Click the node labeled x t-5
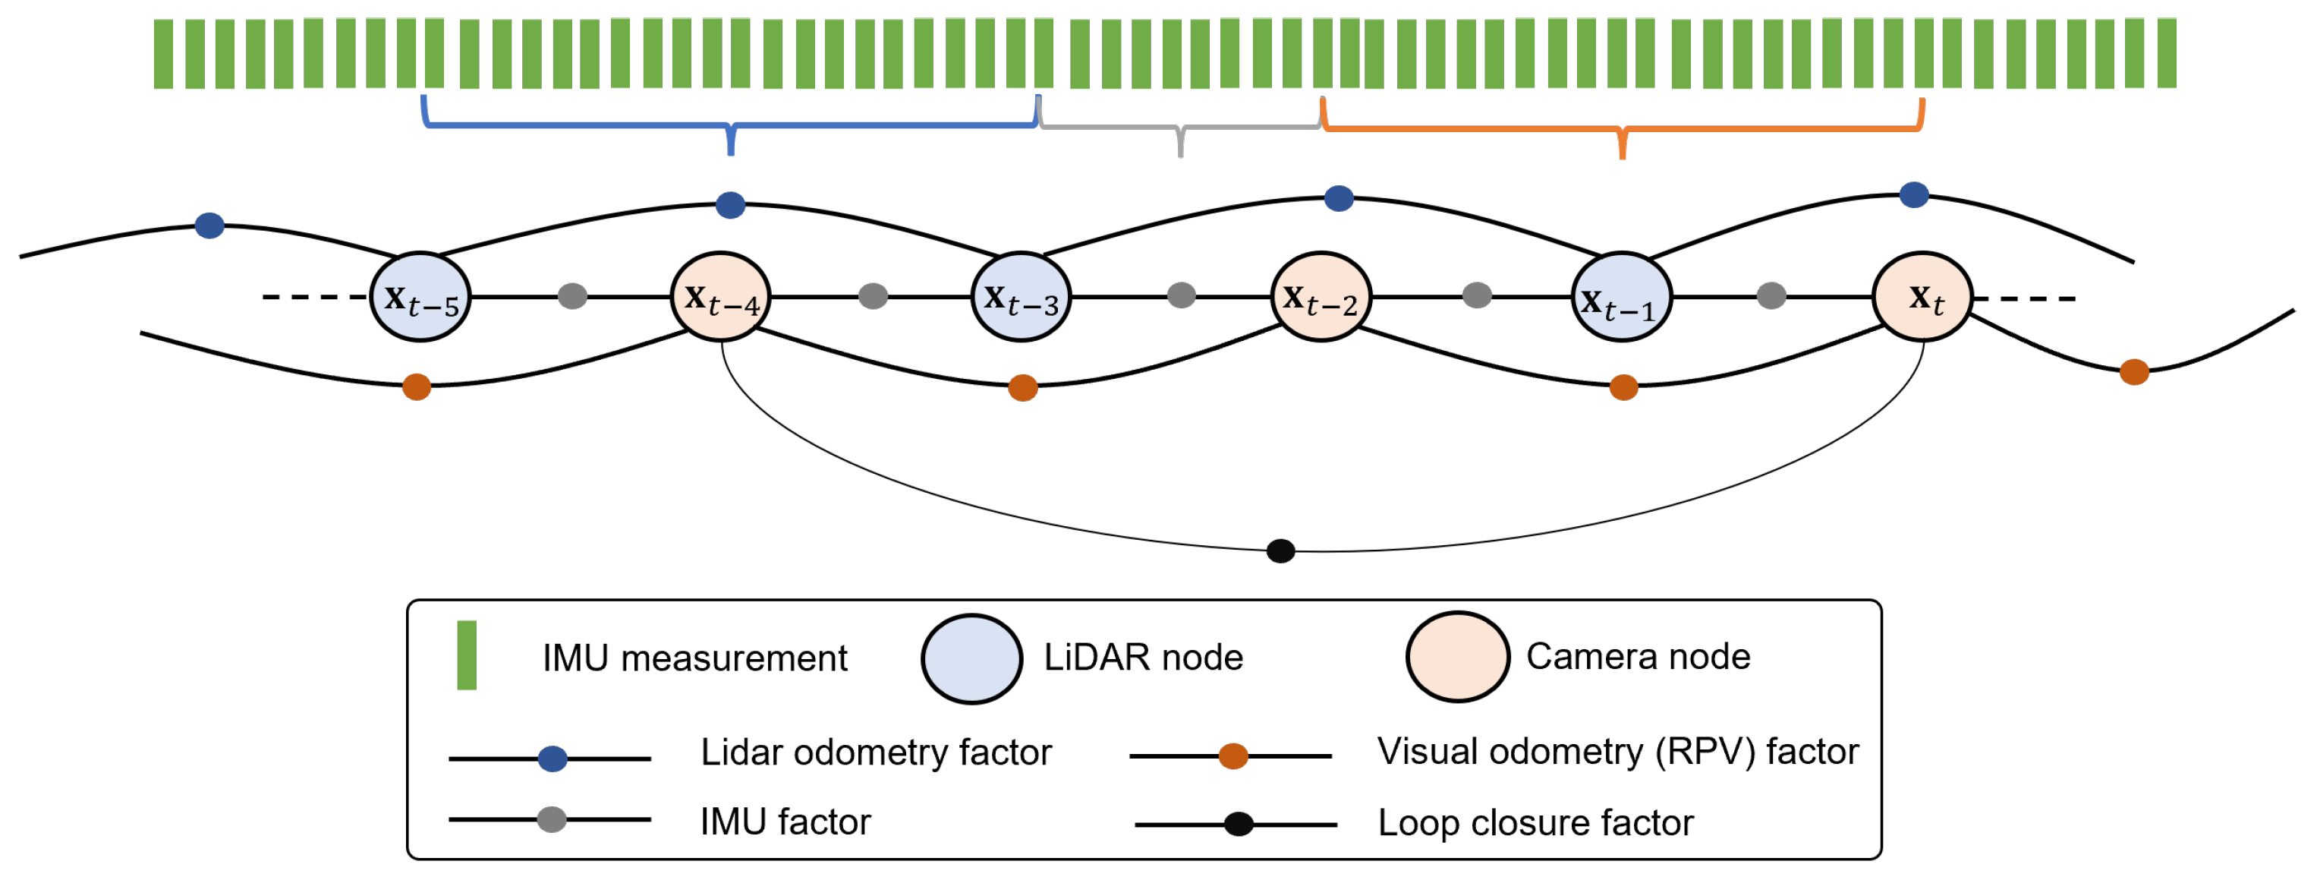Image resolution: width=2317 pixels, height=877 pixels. [x=420, y=297]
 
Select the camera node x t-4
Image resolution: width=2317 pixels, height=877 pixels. [x=720, y=297]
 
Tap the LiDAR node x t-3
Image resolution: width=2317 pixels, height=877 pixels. [x=1021, y=297]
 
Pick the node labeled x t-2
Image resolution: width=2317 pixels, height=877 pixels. [x=1321, y=297]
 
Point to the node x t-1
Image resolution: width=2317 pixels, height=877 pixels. [x=1621, y=297]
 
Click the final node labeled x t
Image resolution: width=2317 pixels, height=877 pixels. [x=1922, y=297]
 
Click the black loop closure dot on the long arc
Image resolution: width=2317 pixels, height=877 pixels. [x=1280, y=550]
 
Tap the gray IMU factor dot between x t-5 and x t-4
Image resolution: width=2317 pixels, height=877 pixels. [x=572, y=295]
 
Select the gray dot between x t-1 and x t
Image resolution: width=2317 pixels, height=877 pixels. [x=1770, y=295]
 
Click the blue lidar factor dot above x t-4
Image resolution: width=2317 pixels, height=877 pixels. [x=729, y=205]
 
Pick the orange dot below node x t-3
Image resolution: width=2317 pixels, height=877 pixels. [x=1023, y=388]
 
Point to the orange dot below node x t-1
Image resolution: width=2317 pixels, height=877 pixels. [x=1623, y=388]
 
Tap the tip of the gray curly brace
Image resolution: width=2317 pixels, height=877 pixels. [x=1180, y=155]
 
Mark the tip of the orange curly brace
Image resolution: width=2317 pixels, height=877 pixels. [x=1622, y=156]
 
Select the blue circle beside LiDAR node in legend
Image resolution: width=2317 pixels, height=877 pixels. [x=971, y=658]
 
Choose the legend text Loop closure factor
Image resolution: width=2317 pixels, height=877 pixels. [x=1535, y=823]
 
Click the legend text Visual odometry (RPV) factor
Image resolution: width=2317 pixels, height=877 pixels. [x=1617, y=751]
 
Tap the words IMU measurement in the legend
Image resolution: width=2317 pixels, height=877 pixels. [x=694, y=658]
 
